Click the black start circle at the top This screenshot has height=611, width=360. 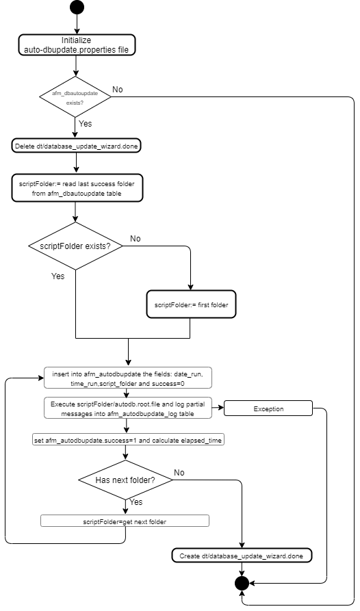[x=77, y=8]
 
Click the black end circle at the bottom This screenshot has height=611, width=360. [x=241, y=583]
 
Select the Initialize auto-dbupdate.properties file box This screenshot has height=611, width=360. [x=77, y=45]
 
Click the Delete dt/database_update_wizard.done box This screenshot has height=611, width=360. [x=77, y=146]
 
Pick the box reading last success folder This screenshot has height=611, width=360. [x=77, y=188]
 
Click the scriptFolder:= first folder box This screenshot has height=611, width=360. [x=191, y=304]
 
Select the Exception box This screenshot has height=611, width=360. [x=268, y=409]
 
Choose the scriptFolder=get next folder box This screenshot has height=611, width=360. [x=125, y=521]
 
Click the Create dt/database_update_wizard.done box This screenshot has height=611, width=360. [x=241, y=555]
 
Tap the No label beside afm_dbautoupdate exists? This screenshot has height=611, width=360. [x=118, y=90]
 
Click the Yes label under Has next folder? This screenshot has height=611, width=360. [x=136, y=502]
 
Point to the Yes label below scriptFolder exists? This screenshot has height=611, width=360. [x=57, y=276]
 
